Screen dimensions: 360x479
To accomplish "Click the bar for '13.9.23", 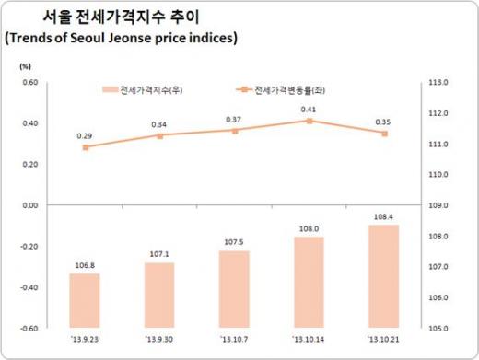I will (85, 300).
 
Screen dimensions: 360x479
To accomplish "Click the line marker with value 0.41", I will (309, 121).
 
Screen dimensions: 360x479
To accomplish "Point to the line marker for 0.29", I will (86, 147).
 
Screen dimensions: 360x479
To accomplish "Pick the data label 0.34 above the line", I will (159, 124).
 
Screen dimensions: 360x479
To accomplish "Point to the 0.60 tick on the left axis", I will (29, 83).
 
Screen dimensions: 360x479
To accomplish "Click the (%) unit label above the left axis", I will (27, 65).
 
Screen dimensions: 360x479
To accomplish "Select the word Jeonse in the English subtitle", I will (139, 38).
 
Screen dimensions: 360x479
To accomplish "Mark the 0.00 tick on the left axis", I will (29, 205).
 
